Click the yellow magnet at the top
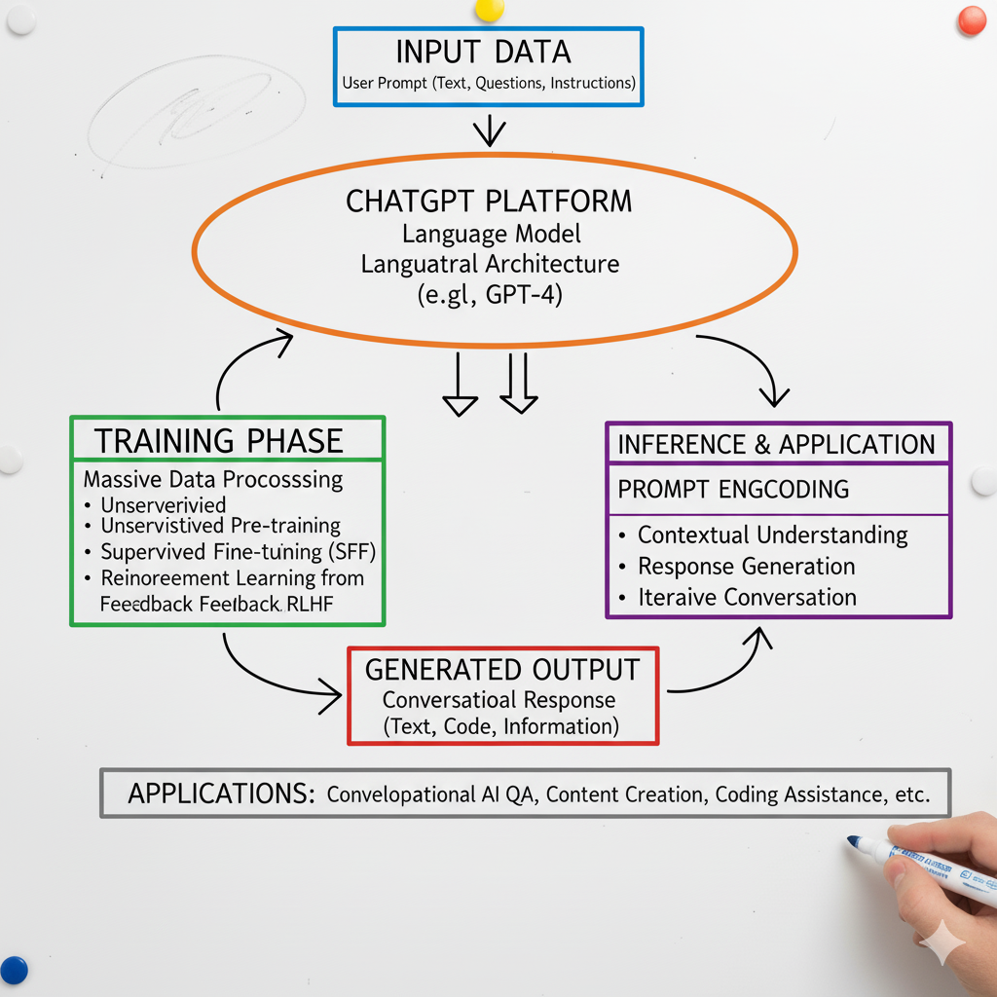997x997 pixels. click(x=489, y=9)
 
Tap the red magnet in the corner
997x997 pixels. click(x=972, y=20)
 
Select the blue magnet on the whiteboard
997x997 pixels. click(x=13, y=970)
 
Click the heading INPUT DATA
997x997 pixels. click(x=483, y=52)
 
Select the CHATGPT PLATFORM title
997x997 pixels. click(x=489, y=202)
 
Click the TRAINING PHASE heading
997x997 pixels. click(x=219, y=441)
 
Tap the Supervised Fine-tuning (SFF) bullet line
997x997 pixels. click(x=238, y=552)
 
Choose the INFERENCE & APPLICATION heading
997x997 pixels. click(x=776, y=445)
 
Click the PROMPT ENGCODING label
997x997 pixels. click(x=733, y=489)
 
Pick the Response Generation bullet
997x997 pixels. click(x=746, y=567)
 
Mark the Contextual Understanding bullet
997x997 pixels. click(x=772, y=535)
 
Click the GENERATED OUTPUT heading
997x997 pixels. click(x=502, y=670)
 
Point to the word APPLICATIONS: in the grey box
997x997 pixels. click(x=221, y=794)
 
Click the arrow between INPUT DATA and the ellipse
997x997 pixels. click(x=488, y=131)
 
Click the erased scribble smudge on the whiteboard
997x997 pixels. click(x=195, y=107)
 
